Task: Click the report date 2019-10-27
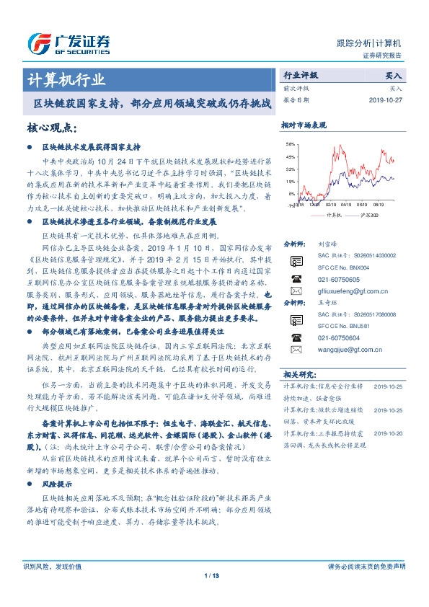point(389,99)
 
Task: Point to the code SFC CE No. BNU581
point(343,326)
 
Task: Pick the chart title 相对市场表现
point(304,125)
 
